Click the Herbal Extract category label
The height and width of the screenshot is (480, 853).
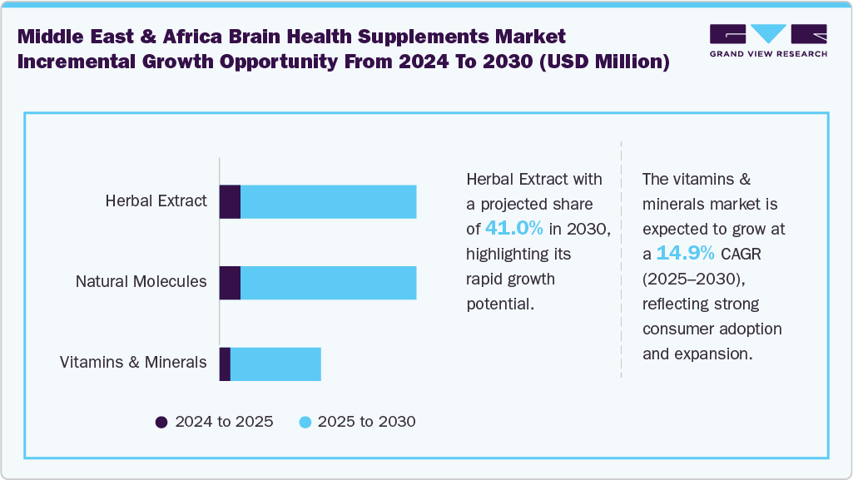(x=156, y=200)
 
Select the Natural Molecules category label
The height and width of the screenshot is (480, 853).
(x=141, y=281)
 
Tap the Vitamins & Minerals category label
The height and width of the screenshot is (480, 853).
(x=133, y=362)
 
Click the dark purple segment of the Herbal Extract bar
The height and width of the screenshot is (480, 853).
(x=230, y=202)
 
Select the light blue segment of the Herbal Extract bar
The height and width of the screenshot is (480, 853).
(x=328, y=202)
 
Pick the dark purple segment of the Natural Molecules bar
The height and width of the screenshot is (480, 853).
(x=230, y=283)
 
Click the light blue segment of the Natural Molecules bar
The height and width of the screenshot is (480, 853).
(x=328, y=283)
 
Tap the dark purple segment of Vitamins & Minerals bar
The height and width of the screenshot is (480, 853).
(x=225, y=364)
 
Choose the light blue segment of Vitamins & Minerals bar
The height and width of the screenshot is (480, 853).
(x=275, y=364)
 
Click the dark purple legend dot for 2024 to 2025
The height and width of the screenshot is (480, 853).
(x=161, y=422)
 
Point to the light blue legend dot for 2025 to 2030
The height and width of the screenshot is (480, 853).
(x=305, y=422)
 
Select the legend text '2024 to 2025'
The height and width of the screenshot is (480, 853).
(x=224, y=422)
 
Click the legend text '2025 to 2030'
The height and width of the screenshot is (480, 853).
(x=366, y=422)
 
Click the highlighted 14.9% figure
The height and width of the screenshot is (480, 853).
(x=685, y=254)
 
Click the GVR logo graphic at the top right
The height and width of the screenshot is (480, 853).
(x=767, y=34)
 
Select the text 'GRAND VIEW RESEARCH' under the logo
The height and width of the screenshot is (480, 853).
(x=767, y=54)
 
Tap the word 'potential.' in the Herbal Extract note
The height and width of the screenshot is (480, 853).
(x=499, y=304)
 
